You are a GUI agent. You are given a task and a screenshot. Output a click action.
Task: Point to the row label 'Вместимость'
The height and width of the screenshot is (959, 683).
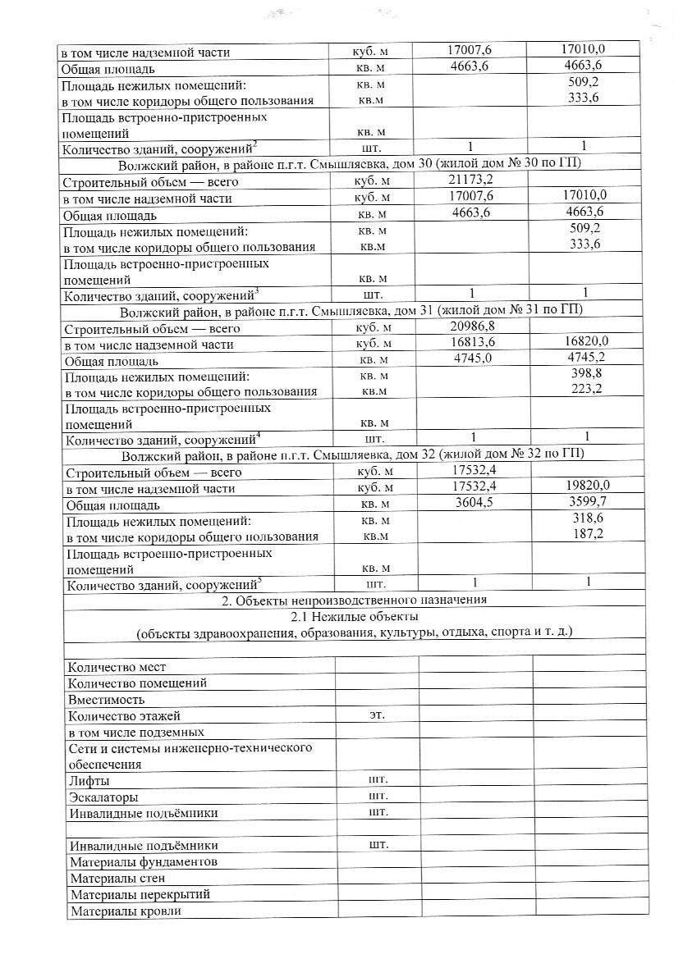pos(107,699)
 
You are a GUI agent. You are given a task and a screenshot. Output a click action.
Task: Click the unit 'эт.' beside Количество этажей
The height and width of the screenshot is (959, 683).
pos(377,715)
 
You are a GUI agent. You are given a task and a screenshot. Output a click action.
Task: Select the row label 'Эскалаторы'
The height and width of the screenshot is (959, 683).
pos(104,797)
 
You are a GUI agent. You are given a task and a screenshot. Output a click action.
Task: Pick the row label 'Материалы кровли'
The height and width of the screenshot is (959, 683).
pos(126,911)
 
